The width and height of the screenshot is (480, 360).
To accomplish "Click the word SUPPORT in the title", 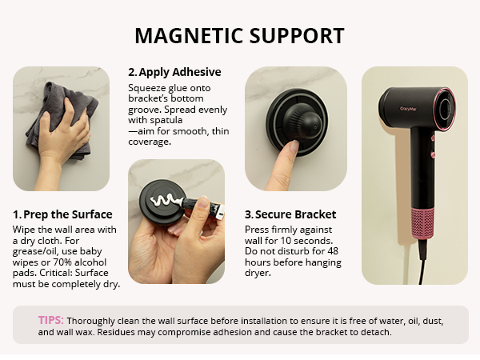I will pos(297,36).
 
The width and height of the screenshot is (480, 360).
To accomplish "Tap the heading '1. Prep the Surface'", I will pos(62,214).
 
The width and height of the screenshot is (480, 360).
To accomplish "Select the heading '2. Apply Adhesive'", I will pos(174,72).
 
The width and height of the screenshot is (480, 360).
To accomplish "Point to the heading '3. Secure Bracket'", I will pos(290,214).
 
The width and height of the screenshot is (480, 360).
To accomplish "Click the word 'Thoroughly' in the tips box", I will pos(112,320).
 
